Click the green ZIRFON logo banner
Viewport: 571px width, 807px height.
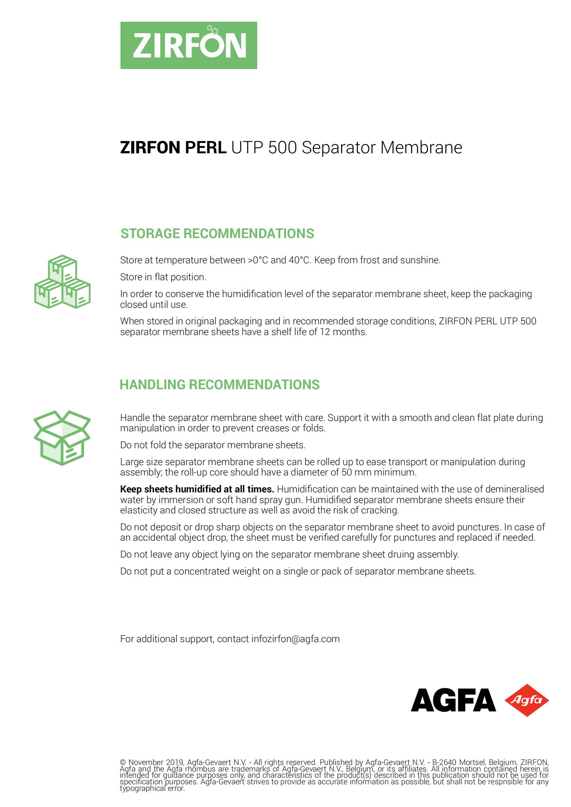point(188,45)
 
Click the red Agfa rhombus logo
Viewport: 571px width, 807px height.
point(526,700)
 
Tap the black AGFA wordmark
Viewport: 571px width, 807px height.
point(453,700)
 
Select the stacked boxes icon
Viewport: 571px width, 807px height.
point(62,282)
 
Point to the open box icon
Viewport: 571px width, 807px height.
point(62,437)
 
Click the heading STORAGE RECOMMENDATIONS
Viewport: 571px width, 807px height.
point(217,234)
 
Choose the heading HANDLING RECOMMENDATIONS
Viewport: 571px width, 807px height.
point(220,384)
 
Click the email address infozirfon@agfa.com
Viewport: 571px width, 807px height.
point(296,639)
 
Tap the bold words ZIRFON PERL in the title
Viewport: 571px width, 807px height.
point(173,148)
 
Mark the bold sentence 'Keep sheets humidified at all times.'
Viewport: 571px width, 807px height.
point(197,489)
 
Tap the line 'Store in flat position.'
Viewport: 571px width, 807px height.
point(163,277)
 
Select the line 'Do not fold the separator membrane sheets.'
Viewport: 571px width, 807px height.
point(213,445)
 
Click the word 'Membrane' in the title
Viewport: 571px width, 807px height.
point(421,148)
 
